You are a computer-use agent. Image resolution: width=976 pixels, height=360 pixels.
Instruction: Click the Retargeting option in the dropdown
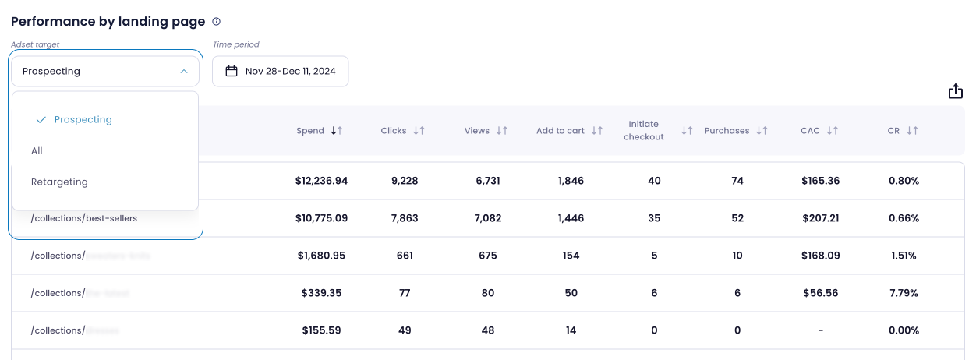59,182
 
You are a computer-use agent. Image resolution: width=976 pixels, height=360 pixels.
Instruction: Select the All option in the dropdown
37,150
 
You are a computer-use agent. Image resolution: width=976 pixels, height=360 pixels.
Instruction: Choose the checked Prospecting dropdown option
83,119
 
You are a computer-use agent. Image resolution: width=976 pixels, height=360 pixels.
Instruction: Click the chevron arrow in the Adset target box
184,71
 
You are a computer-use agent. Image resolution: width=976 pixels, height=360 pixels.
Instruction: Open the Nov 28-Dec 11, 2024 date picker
281,71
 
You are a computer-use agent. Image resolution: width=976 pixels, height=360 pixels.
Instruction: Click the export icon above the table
956,91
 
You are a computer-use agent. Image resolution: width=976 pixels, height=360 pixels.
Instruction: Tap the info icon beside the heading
217,22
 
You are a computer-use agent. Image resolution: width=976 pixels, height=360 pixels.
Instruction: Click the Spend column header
310,131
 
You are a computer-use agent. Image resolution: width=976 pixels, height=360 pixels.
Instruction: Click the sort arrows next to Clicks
419,131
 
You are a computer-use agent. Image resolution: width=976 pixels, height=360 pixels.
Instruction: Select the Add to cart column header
560,131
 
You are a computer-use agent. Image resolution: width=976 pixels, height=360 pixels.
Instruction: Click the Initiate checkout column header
644,131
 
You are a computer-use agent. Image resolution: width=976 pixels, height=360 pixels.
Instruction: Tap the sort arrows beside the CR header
912,131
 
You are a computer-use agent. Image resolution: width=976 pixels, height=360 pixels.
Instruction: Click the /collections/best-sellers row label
84,218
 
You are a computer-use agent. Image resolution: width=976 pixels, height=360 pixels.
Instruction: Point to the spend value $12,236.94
321,181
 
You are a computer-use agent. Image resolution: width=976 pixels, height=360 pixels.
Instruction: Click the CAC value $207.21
820,218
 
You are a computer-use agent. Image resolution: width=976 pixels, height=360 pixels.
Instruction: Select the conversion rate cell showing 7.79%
904,293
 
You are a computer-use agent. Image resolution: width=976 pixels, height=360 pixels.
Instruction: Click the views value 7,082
487,218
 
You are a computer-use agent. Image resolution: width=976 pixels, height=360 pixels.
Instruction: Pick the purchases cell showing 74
737,181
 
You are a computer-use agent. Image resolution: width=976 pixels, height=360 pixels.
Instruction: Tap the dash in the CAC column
820,330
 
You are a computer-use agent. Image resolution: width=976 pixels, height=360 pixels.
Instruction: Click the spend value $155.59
321,330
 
